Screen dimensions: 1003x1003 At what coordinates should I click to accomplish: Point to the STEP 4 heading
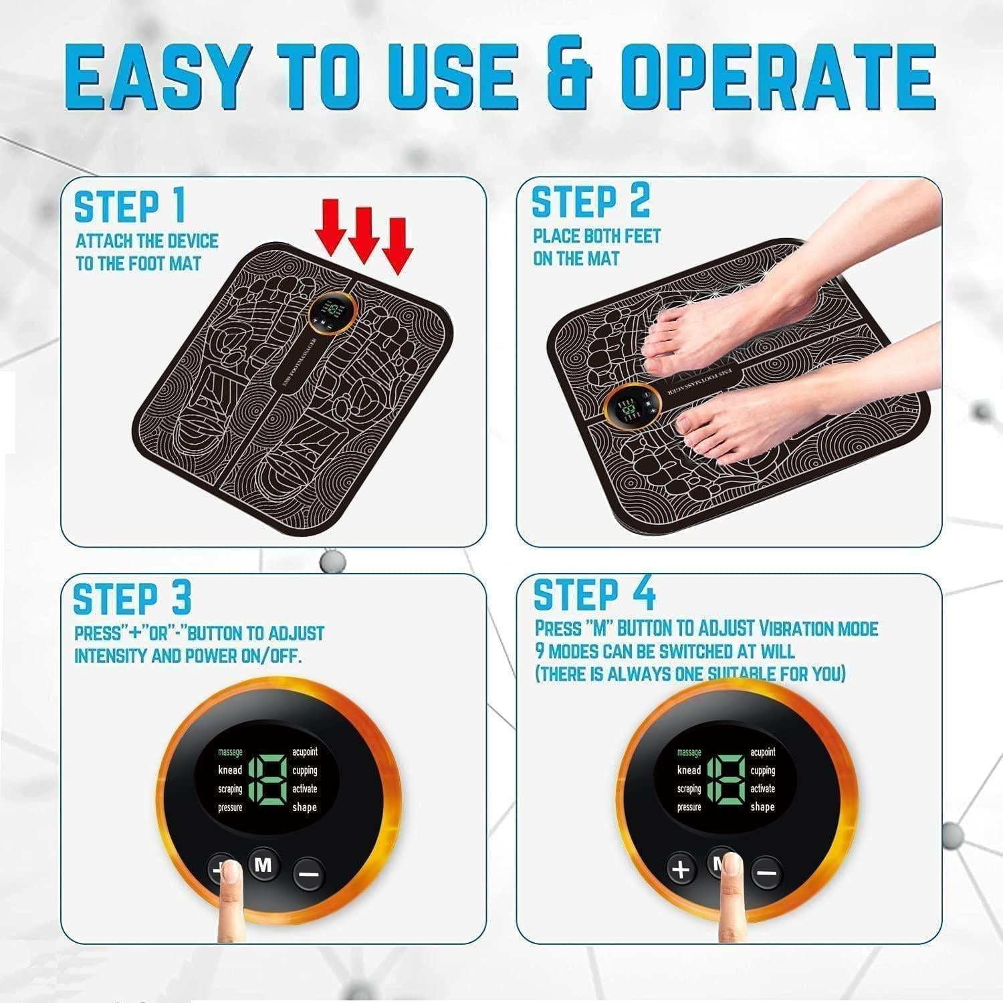594,594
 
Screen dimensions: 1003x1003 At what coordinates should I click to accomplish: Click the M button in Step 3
264,865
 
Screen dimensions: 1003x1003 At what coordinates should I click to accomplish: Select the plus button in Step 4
681,869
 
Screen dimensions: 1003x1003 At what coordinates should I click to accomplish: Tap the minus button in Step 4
767,873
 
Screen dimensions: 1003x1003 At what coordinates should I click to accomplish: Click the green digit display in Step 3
267,780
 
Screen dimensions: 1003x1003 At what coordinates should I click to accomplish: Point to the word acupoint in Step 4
763,752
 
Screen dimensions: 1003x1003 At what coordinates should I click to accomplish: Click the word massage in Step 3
230,752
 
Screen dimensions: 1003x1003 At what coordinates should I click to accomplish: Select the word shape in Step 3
304,807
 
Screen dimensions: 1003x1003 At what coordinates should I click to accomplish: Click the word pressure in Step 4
689,807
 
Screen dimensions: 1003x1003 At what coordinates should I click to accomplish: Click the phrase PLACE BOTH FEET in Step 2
596,236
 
